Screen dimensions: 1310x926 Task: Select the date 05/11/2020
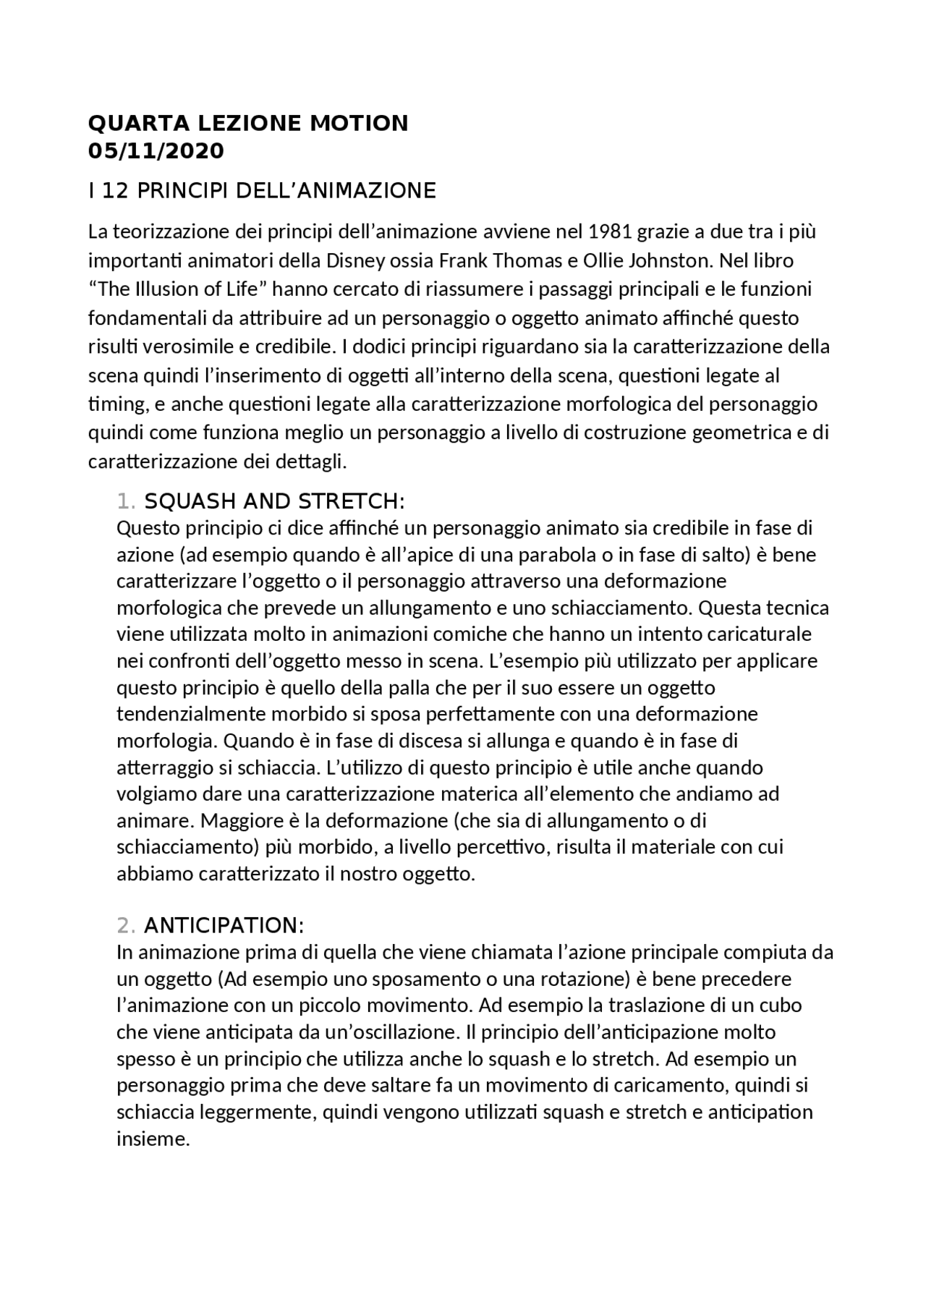coord(156,152)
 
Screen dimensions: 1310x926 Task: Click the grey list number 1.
coord(124,501)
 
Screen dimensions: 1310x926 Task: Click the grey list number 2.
coord(124,926)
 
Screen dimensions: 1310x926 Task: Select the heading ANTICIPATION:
coord(224,926)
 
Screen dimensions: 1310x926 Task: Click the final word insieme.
coord(153,1139)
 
